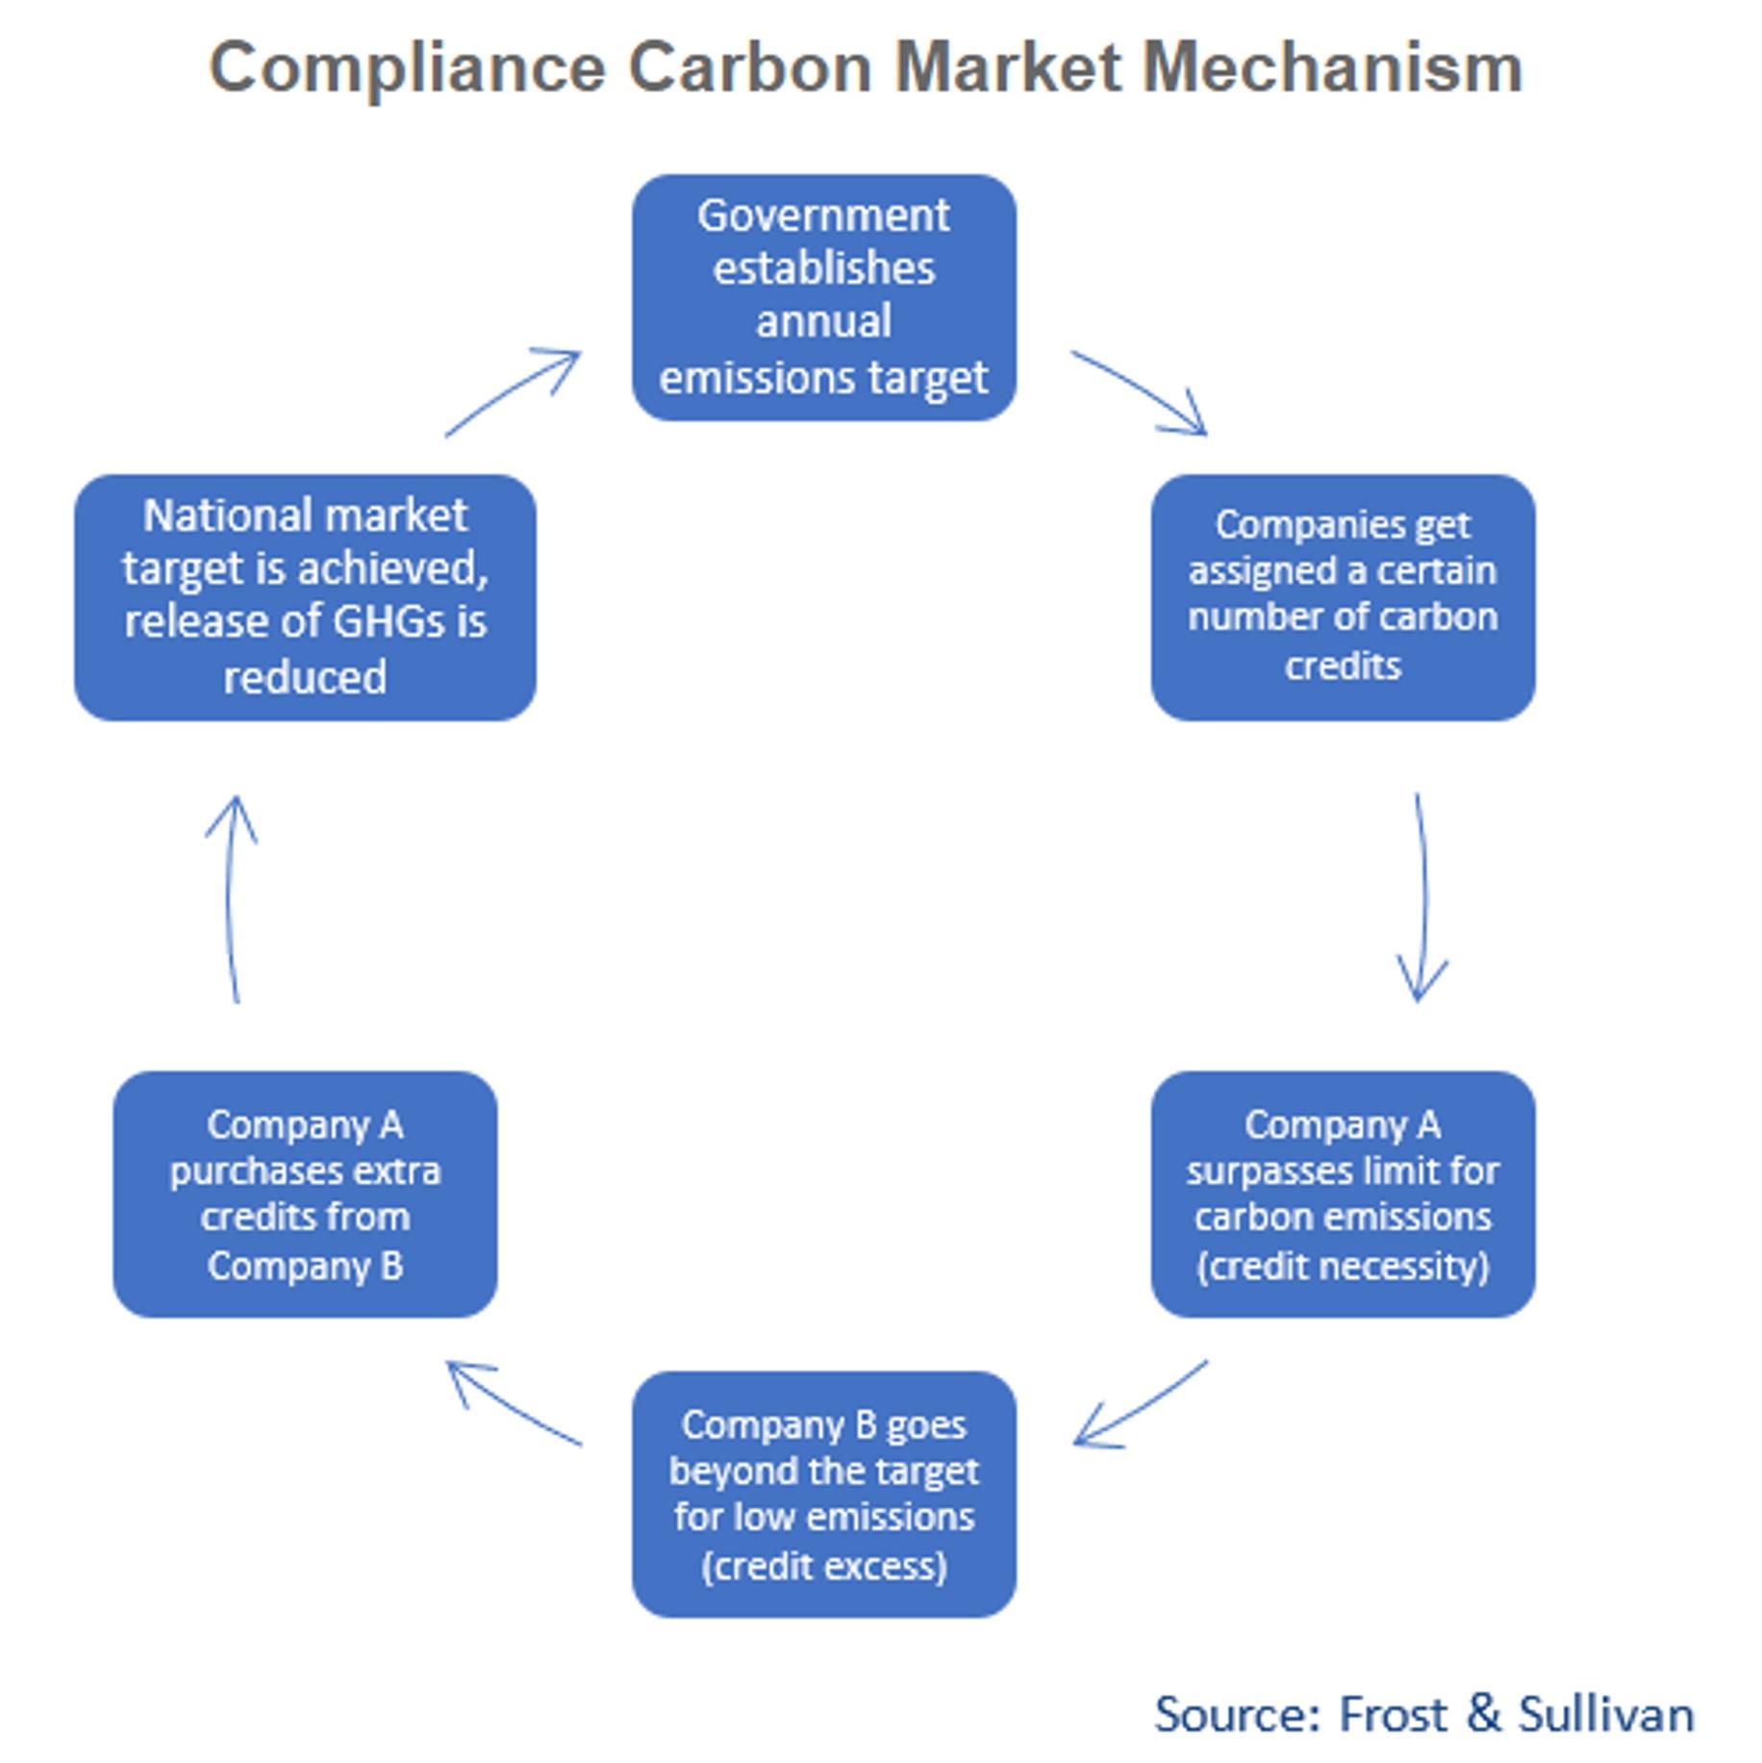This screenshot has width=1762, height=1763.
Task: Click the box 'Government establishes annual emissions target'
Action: tap(823, 297)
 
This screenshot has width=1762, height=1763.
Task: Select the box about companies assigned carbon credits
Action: tap(1343, 596)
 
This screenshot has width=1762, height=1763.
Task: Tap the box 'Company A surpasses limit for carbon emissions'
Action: tap(1343, 1194)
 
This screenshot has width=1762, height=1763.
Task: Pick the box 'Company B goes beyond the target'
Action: tap(823, 1494)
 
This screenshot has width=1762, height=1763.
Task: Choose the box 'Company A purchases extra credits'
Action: tap(305, 1194)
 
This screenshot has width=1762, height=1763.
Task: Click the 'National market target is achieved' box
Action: tap(305, 596)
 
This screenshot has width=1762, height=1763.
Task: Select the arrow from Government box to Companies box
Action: tap(1141, 392)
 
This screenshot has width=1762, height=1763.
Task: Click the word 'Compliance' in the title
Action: tap(407, 68)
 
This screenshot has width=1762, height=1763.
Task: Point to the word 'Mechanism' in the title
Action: tap(1332, 68)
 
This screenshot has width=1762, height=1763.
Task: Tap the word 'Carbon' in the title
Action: tap(749, 68)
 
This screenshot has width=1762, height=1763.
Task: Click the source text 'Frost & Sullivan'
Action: tap(1516, 1714)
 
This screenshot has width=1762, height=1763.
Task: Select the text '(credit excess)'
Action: tap(823, 1566)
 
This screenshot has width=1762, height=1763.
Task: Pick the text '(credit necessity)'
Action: tap(1343, 1266)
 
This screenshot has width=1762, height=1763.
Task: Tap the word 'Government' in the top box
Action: tap(823, 215)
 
